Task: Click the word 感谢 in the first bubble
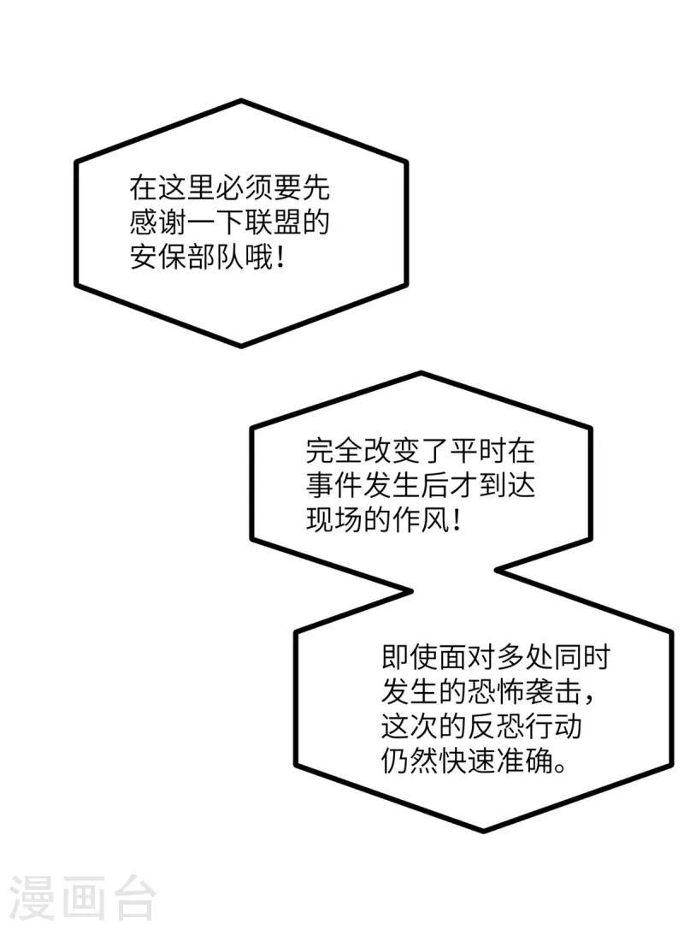click(x=158, y=223)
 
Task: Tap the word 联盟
click(x=273, y=223)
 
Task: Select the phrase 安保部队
click(x=186, y=258)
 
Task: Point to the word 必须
click(x=244, y=188)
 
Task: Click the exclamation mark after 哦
click(x=280, y=258)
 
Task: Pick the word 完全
click(x=334, y=451)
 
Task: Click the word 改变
click(x=392, y=451)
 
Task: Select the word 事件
click(x=334, y=486)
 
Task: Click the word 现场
click(x=334, y=520)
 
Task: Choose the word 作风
click(x=421, y=520)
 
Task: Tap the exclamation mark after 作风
click(x=456, y=520)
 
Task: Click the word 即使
click(x=410, y=657)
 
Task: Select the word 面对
click(x=467, y=657)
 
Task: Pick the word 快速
click(x=467, y=761)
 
